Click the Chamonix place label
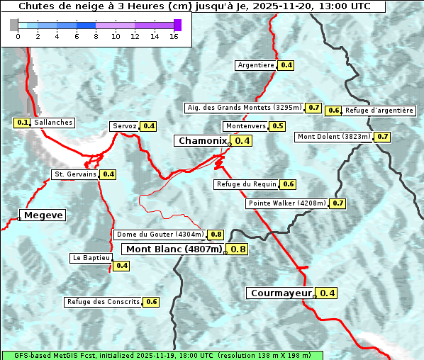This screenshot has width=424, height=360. (x=202, y=141)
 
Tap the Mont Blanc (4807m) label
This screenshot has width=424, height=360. (x=174, y=249)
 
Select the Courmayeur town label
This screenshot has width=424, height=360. (x=281, y=293)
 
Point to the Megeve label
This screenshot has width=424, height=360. (x=43, y=215)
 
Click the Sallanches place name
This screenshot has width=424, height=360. (x=53, y=123)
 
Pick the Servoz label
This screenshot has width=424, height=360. (x=124, y=126)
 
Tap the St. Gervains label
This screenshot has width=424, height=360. (x=75, y=174)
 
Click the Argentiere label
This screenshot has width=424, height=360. (x=256, y=65)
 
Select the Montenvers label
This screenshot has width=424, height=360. (x=245, y=126)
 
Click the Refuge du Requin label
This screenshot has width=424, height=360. (x=245, y=184)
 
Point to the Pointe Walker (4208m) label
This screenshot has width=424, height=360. (x=287, y=203)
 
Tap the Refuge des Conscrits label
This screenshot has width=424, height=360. (x=103, y=302)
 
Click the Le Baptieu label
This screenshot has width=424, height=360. (x=91, y=258)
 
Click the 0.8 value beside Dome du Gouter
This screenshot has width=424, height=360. (x=216, y=235)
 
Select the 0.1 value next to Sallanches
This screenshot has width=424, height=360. (x=22, y=123)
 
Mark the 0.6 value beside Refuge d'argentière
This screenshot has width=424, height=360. (x=333, y=111)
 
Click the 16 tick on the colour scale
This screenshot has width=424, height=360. (x=174, y=36)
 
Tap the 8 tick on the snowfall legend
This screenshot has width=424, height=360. (x=96, y=36)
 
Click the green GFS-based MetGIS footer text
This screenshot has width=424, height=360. (x=162, y=355)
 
